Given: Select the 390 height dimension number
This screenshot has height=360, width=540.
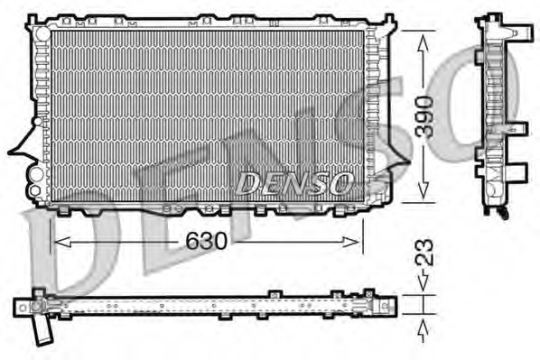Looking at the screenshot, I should click(424, 115).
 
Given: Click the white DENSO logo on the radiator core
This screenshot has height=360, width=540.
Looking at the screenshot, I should click(293, 183).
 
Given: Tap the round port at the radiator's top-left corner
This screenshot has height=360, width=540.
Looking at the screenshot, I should click(39, 33).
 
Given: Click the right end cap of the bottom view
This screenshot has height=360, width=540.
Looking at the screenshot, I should click(387, 305).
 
